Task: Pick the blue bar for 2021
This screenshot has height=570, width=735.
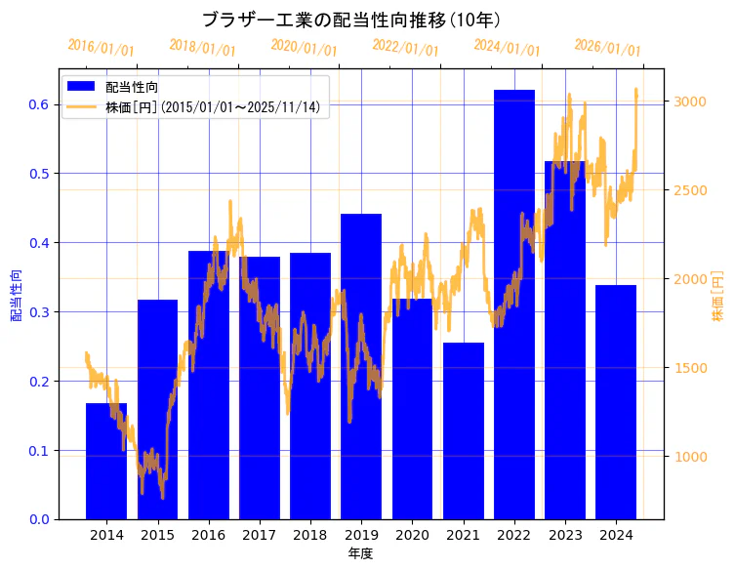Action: pyautogui.click(x=464, y=430)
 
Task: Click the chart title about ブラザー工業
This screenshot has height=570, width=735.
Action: pyautogui.click(x=351, y=20)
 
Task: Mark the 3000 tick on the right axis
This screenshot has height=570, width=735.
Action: pyautogui.click(x=690, y=102)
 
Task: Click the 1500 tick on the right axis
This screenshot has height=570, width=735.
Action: pyautogui.click(x=690, y=368)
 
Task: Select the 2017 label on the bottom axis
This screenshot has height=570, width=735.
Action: pyautogui.click(x=259, y=536)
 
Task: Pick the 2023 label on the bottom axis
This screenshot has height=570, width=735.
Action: pyautogui.click(x=565, y=536)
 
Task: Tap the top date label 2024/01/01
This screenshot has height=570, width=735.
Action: pyautogui.click(x=507, y=48)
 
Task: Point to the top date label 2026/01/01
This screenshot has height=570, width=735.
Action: pyautogui.click(x=607, y=48)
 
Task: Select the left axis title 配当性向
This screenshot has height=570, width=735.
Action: pyautogui.click(x=16, y=295)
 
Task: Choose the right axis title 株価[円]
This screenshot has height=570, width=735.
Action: pyautogui.click(x=717, y=295)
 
